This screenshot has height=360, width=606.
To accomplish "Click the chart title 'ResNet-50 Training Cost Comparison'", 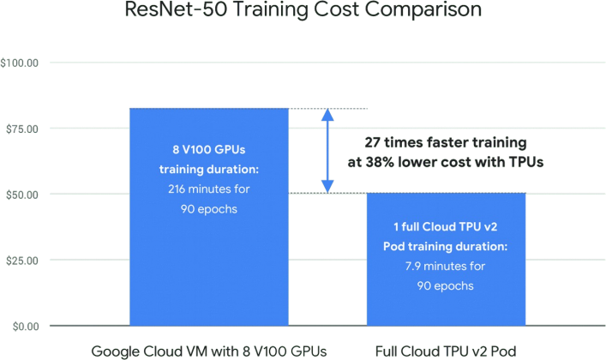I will tap(303, 11).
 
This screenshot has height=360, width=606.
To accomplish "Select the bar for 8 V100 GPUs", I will tap(208, 274).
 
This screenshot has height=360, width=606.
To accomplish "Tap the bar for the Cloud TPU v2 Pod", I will tap(446, 304).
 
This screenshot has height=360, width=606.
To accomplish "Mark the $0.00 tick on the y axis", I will tap(22, 326).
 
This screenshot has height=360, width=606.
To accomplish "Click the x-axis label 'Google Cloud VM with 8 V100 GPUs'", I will tap(207, 351).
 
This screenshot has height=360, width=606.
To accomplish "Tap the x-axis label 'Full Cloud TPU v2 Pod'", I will tap(446, 351).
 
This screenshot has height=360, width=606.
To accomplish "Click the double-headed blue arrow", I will tap(327, 150).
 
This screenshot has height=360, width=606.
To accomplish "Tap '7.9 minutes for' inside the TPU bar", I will tap(446, 266).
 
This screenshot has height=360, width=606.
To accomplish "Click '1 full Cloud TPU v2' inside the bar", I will tap(446, 226).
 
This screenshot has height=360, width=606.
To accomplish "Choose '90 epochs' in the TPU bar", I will tap(446, 285).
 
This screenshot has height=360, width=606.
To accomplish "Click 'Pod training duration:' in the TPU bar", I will tap(446, 246).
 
